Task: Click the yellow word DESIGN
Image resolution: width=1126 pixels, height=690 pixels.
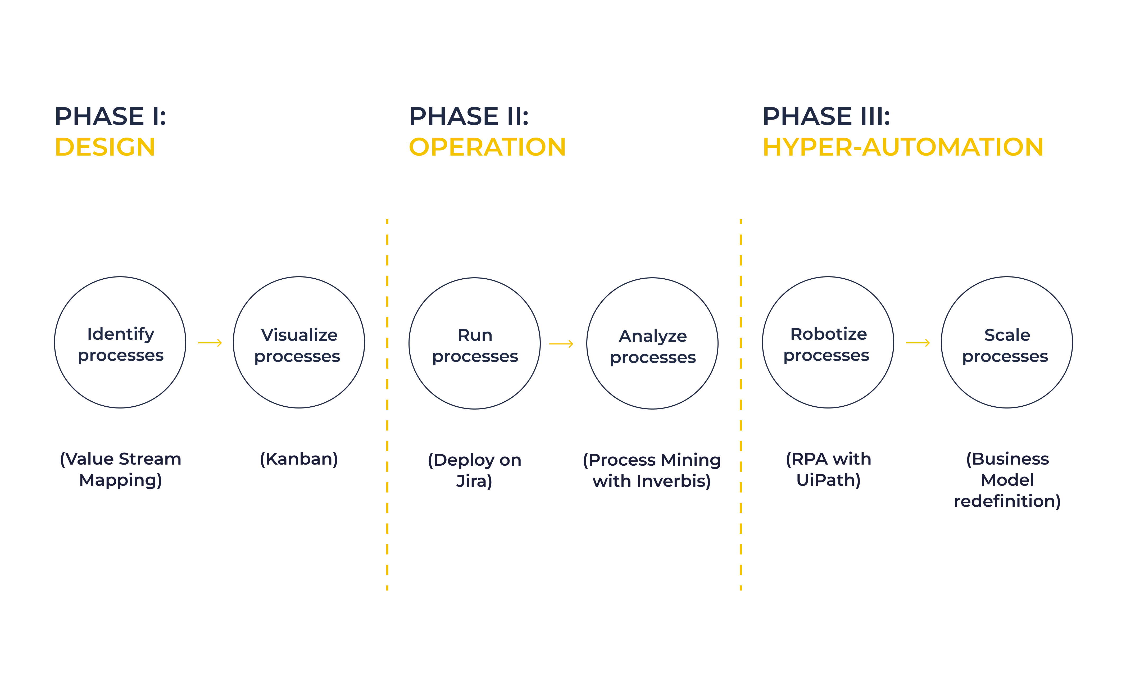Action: [105, 147]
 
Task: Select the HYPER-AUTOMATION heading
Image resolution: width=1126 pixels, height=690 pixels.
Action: [903, 147]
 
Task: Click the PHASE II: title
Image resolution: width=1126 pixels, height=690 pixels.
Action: [469, 116]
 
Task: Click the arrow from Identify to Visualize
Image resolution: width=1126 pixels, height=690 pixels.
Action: [210, 343]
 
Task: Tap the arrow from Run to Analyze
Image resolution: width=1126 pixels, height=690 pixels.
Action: [561, 344]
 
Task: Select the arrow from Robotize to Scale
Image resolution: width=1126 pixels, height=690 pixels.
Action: [918, 343]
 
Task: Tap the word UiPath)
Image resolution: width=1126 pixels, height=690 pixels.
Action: [829, 480]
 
